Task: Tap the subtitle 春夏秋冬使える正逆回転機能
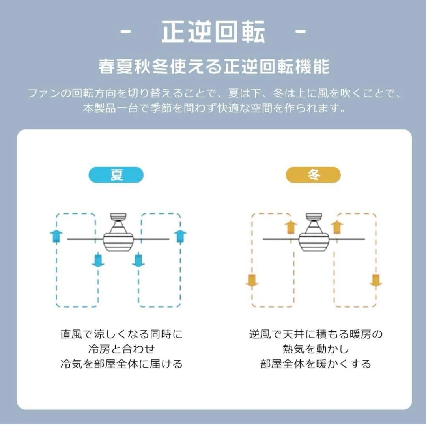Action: pos(213,67)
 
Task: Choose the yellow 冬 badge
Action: pos(313,175)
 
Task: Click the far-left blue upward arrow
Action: pos(56,236)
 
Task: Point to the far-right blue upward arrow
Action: pos(180,236)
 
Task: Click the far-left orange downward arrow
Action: pos(252,280)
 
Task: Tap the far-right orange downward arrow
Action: pos(376,280)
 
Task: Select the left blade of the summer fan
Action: pos(85,239)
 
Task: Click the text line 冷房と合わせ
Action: pos(121,349)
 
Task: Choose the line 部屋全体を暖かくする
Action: pos(316,364)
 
